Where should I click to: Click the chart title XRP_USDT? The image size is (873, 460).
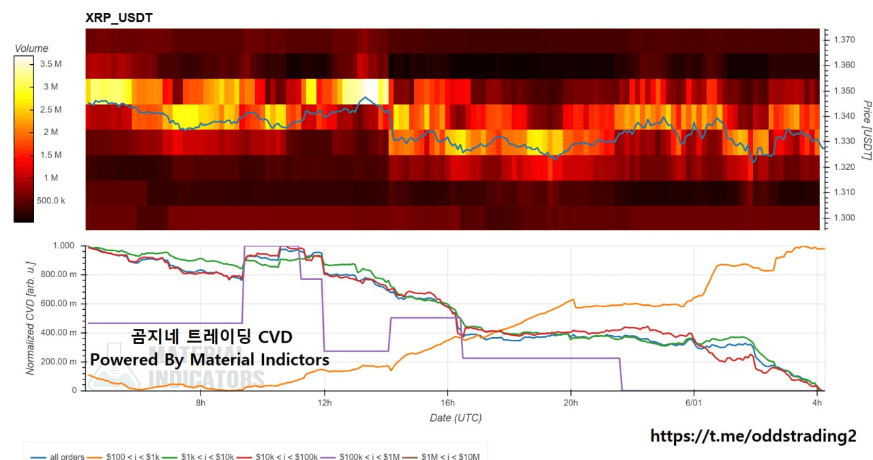coord(119,18)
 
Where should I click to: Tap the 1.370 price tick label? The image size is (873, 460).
coord(844,40)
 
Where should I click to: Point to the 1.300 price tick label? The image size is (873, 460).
coord(844,218)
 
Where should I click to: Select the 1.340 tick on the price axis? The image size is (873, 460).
coord(844,116)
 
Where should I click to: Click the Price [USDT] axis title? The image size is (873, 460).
coord(867,130)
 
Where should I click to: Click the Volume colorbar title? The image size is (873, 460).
coord(31,48)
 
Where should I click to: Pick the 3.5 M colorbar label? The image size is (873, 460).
coord(50,64)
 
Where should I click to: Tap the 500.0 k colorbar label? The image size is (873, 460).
coord(50,201)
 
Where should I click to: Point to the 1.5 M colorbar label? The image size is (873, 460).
coord(50,155)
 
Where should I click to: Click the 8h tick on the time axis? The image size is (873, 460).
coord(201,403)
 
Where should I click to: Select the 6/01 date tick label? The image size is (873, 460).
coord(694,403)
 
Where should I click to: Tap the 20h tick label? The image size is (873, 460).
coord(571,403)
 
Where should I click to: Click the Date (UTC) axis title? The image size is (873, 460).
coord(456,418)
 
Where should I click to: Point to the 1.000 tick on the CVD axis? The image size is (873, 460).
coord(63,246)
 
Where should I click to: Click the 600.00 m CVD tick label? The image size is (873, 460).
coord(59,303)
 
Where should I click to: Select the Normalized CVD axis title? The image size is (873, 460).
coord(31,318)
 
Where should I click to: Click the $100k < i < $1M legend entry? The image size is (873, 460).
coord(360,457)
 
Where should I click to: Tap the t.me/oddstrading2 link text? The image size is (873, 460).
coord(753,436)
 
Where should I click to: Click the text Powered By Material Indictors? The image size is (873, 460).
coord(209,360)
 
